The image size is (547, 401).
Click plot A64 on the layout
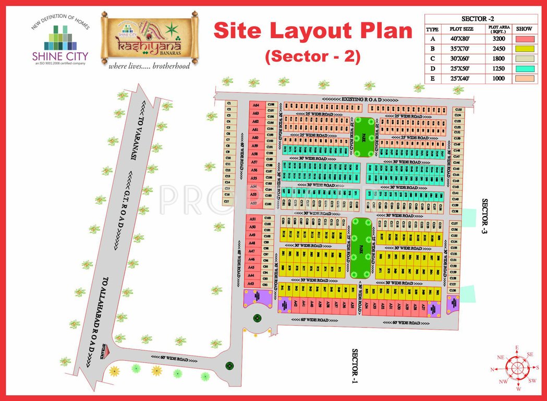[256, 105]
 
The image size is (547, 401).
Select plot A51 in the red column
[252, 219]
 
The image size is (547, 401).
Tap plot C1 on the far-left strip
[228, 103]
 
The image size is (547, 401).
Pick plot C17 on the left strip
[227, 201]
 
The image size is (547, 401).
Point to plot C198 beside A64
[271, 104]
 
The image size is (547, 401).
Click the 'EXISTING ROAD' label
[361, 99]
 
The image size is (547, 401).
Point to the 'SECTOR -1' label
[355, 365]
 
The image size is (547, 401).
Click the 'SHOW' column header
[524, 29]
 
